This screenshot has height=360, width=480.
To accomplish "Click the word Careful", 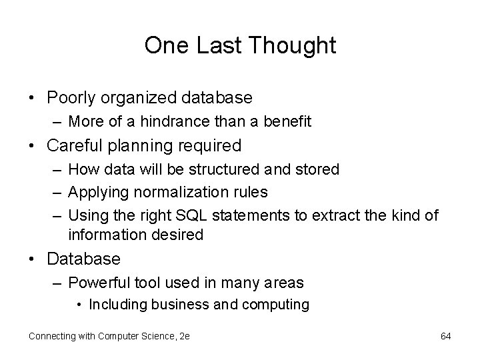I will [75, 145].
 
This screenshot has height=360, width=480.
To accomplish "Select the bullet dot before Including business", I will [79, 305].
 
